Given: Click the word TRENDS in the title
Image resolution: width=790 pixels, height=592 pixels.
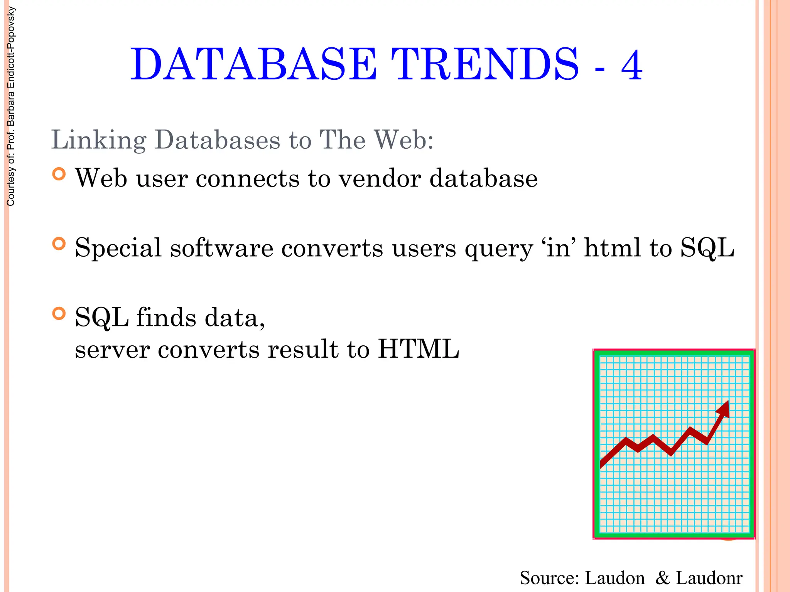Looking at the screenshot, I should pos(485,65).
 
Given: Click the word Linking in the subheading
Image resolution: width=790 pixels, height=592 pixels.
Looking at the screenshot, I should pos(99,140).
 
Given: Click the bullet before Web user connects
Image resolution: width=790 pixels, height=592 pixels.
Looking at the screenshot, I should pos(59,175).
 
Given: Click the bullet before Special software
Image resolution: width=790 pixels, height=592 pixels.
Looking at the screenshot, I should pos(59,244).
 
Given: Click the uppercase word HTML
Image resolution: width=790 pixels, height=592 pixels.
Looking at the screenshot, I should pos(418,349).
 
